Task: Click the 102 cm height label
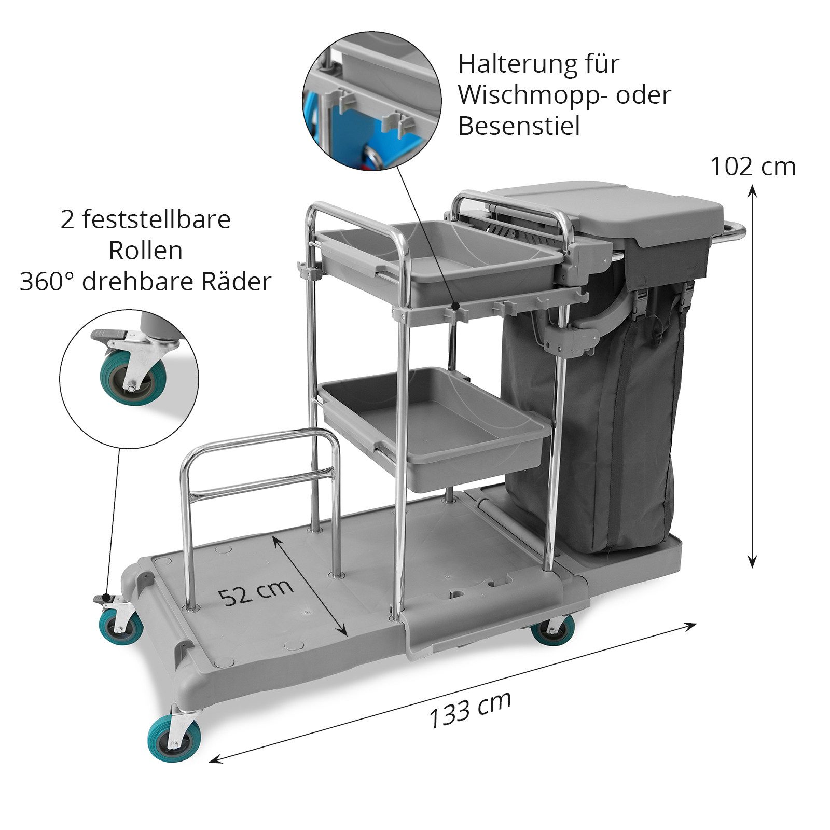[x=752, y=167]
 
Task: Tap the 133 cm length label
[x=470, y=710]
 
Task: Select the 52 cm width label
[x=256, y=591]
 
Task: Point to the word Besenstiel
[x=519, y=126]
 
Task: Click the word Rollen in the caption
[x=146, y=251]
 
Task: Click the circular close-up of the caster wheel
[x=129, y=379]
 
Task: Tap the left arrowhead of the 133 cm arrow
[x=216, y=759]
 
